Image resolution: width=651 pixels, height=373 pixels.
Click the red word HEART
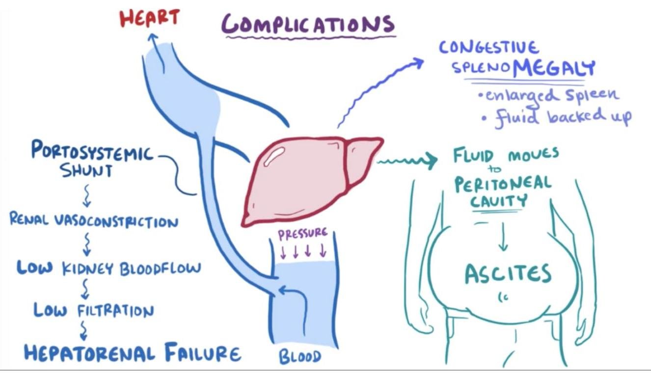pos(149,18)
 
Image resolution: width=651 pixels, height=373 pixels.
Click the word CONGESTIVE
pos(488,48)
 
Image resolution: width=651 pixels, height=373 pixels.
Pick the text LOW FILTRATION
pos(93,311)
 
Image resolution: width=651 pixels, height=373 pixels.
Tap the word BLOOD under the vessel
pos(300,356)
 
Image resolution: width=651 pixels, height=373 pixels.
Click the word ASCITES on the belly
pos(508,274)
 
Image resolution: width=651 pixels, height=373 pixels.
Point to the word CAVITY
pos(499,201)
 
